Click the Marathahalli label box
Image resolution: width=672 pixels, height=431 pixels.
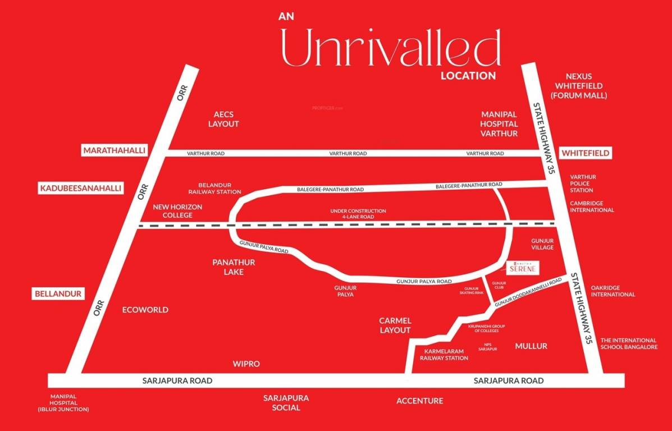(x=114, y=150)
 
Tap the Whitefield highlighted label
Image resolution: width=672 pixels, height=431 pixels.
(x=586, y=153)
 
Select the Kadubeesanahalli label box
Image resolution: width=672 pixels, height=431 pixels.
(x=80, y=188)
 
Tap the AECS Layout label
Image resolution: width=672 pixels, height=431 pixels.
(x=223, y=119)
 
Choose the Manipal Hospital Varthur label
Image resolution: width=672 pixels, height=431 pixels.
(x=499, y=123)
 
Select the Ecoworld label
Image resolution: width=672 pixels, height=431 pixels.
(x=145, y=310)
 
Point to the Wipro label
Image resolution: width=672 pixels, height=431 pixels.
(x=246, y=364)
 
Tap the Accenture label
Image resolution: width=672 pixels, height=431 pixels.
(x=419, y=401)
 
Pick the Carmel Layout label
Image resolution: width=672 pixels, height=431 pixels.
(x=395, y=325)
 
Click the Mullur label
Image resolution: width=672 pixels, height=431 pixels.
(x=531, y=346)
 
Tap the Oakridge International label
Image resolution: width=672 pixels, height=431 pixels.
(x=612, y=291)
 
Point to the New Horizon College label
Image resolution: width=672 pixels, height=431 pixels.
(x=177, y=211)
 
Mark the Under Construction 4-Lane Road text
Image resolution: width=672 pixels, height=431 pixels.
(x=358, y=214)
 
